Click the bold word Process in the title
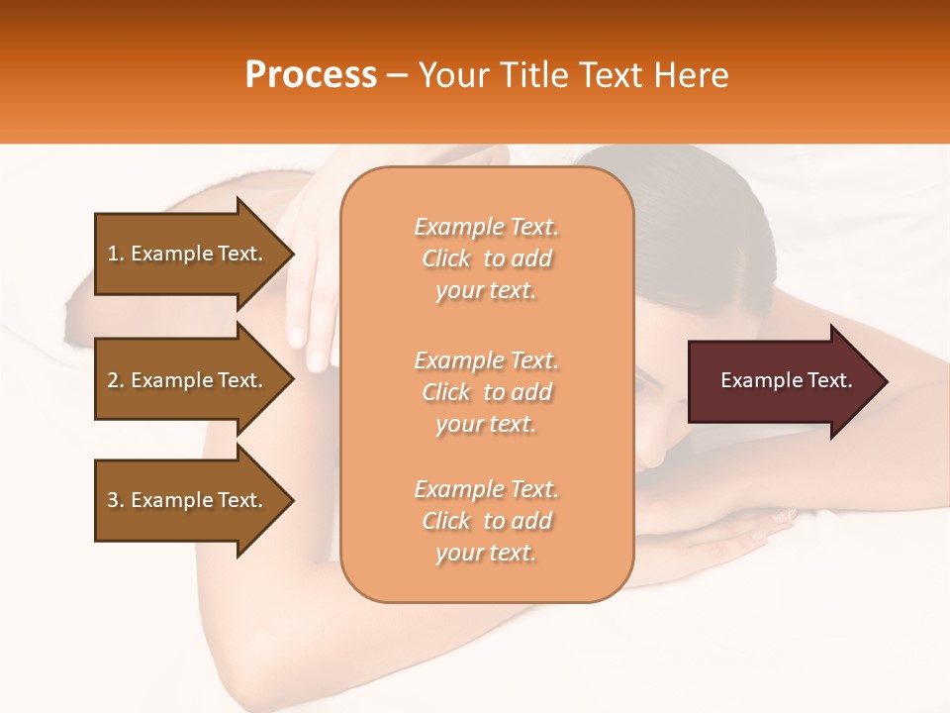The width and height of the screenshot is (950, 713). [x=311, y=75]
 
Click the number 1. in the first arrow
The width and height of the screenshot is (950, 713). [x=116, y=254]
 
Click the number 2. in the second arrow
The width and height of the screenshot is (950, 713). [x=116, y=380]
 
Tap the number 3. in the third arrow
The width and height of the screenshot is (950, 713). [x=116, y=500]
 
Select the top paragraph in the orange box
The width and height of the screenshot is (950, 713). [x=486, y=258]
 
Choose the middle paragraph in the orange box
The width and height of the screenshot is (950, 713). [x=486, y=392]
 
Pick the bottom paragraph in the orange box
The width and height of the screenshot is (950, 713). [x=486, y=521]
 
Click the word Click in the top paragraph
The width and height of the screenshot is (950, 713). [x=446, y=258]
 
